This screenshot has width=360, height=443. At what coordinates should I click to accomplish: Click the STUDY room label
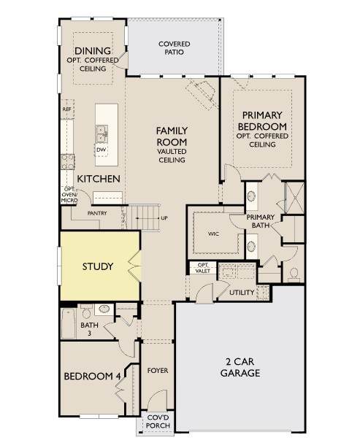click(x=98, y=266)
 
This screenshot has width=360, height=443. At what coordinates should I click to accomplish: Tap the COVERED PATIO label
click(x=174, y=48)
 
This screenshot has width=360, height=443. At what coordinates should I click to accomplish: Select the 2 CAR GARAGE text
click(x=240, y=367)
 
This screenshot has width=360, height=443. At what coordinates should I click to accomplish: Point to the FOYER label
click(x=158, y=371)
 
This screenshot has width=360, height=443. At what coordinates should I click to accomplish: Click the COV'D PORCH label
click(x=158, y=422)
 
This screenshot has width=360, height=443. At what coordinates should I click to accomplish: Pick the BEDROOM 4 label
click(x=92, y=377)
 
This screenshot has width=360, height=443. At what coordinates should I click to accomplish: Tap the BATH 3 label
click(x=89, y=329)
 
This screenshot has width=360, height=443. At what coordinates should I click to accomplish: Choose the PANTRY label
click(x=97, y=213)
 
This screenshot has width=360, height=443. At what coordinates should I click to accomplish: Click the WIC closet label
click(x=213, y=234)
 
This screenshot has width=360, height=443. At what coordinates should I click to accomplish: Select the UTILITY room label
click(x=242, y=293)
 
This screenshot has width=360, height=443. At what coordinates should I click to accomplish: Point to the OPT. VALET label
click(x=203, y=268)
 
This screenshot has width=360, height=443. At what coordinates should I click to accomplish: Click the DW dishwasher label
click(x=101, y=150)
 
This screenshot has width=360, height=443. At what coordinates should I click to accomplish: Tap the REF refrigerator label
click(x=66, y=109)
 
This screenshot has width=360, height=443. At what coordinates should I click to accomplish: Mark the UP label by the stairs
click(x=164, y=218)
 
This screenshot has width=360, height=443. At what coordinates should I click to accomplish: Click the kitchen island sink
click(x=102, y=134)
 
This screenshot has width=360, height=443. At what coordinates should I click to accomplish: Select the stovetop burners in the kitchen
click(x=67, y=162)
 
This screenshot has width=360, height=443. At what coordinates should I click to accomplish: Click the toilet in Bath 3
click(x=86, y=312)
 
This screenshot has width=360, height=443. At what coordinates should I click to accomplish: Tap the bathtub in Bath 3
click(x=69, y=323)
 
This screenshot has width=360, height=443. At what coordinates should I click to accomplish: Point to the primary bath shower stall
click(x=295, y=198)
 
